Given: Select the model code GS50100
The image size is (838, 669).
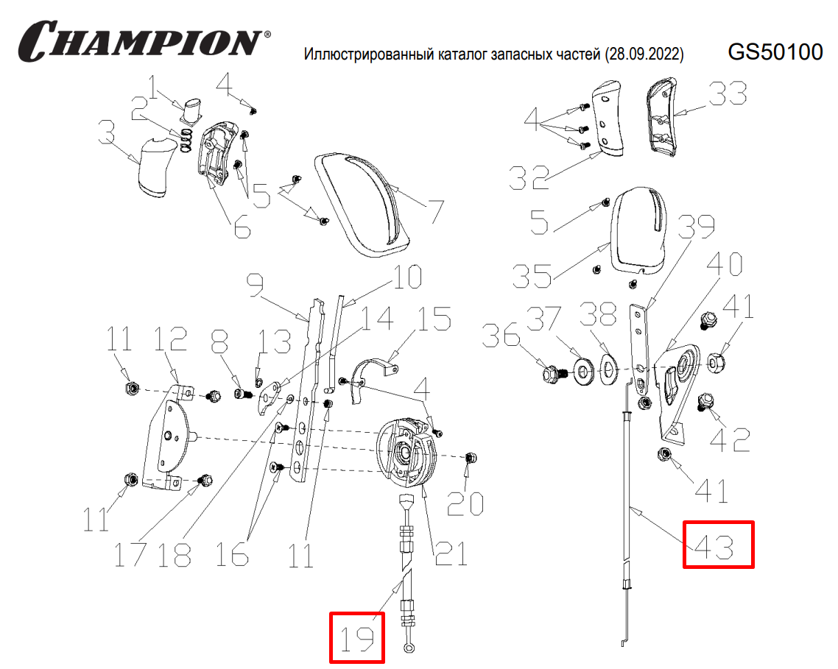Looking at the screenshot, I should tap(774, 52).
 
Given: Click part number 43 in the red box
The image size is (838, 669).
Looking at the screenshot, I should tap(718, 545).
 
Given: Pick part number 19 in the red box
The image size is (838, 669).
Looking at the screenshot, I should tap(356, 638).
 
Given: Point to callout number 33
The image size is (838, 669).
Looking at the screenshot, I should tap(727, 94).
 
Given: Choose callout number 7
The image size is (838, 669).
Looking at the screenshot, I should tap(434, 211).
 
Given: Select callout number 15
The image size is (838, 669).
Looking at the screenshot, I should tap(437, 320).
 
